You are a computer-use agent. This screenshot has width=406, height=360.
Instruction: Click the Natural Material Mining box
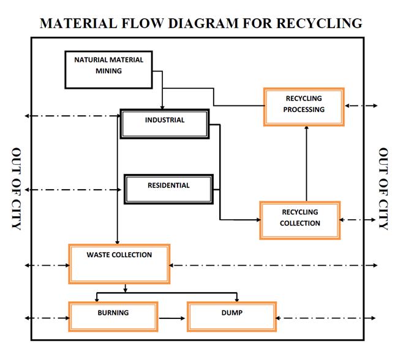click(x=109, y=69)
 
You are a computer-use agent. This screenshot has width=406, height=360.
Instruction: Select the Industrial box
click(x=165, y=124)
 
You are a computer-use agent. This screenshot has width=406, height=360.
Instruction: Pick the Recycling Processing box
click(x=303, y=107)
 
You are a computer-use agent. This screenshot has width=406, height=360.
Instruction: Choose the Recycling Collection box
click(x=299, y=220)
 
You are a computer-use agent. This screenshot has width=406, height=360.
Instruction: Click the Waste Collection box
click(x=119, y=264)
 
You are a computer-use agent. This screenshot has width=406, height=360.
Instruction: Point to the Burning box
click(x=113, y=317)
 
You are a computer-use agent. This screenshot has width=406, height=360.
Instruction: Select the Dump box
click(x=231, y=317)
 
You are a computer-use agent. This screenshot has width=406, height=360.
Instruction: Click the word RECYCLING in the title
click(x=319, y=23)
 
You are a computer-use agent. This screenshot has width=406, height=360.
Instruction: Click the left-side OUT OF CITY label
click(x=17, y=189)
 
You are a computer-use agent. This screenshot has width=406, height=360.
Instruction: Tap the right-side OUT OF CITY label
click(x=384, y=189)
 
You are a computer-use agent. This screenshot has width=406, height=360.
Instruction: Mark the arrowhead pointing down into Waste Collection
click(x=117, y=241)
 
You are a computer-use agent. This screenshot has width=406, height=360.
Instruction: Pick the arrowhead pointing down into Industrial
click(x=162, y=107)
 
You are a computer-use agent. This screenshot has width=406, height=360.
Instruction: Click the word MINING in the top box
click(x=108, y=71)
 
